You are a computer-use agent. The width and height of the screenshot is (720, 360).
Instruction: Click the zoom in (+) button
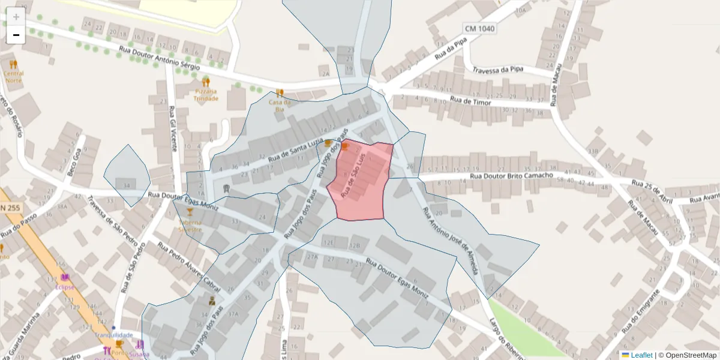tap(16, 16)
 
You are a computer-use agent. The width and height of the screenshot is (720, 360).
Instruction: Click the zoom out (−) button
tap(16, 35)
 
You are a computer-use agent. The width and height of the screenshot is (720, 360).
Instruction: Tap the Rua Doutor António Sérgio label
tap(159, 58)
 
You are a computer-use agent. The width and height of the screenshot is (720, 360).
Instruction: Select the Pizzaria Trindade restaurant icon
tap(206, 82)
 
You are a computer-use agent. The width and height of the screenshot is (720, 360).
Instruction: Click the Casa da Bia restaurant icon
tap(280, 93)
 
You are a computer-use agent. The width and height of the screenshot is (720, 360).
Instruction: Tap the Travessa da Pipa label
tap(497, 70)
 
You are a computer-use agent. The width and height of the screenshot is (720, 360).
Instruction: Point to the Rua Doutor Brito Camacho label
tap(511, 176)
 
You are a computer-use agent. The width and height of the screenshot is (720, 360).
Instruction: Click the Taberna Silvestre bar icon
tap(190, 212)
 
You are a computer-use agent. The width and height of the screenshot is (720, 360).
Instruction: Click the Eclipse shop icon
tap(65, 277)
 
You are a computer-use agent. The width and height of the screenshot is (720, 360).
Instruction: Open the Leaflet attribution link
tap(641, 355)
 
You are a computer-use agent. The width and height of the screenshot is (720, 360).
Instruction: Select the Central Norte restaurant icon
tap(14, 64)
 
